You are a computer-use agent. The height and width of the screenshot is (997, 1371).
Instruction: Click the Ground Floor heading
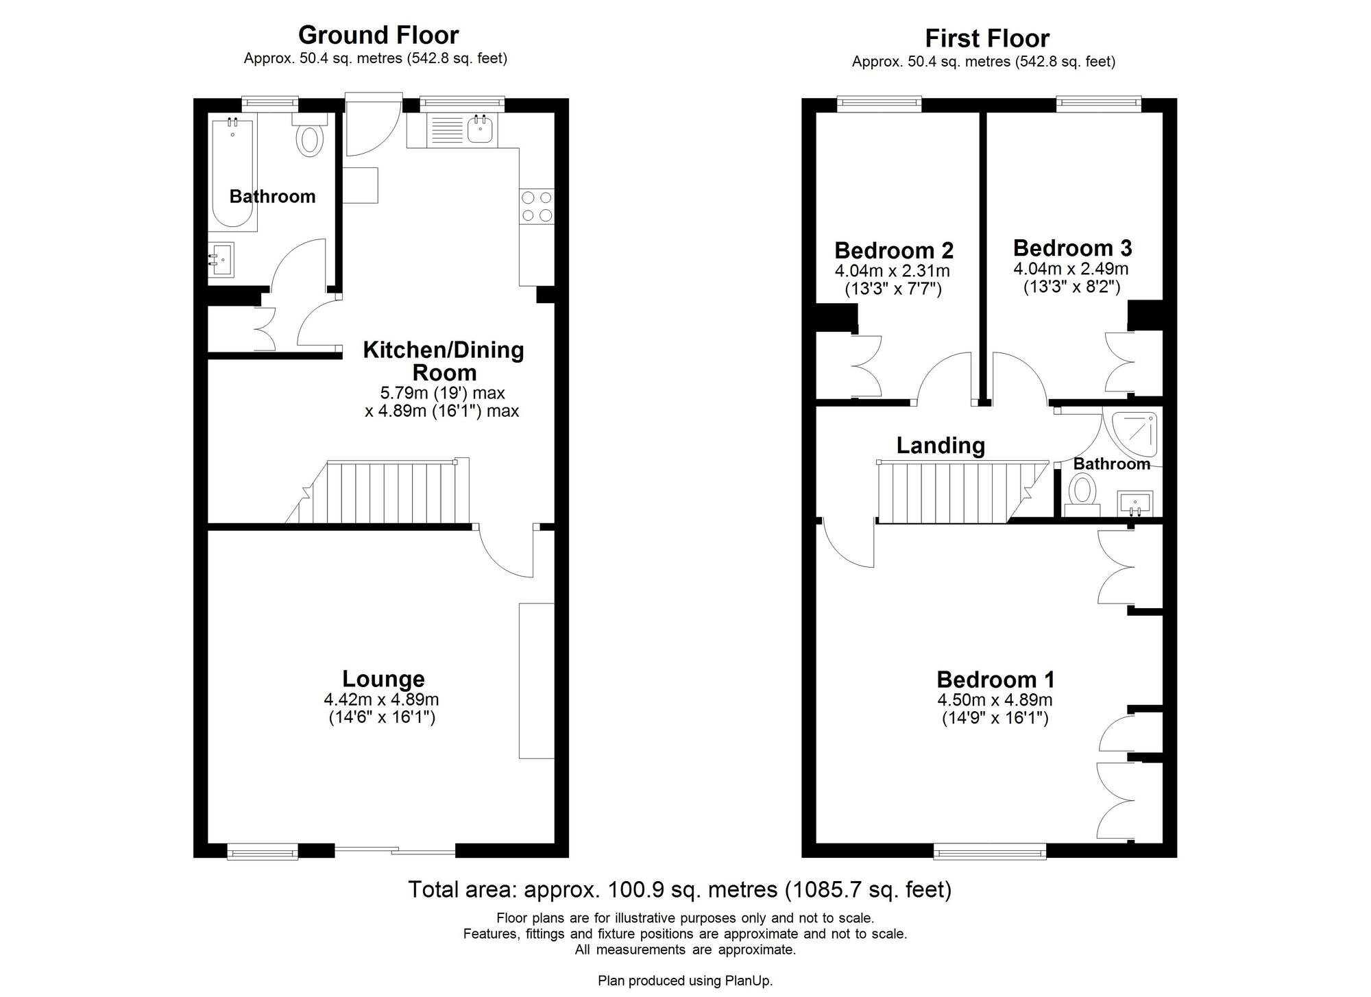378,35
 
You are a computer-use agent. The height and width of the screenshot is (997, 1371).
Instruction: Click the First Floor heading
986,38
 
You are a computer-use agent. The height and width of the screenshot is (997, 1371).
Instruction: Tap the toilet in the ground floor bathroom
310,140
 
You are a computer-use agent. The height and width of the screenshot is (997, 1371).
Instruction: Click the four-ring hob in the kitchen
537,206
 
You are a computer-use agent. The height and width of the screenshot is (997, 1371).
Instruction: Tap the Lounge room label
383,679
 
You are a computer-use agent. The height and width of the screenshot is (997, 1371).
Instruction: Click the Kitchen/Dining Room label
443,361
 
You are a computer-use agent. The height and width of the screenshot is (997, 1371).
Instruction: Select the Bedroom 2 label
894,250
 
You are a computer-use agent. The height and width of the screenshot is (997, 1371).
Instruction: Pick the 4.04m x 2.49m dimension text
1071,269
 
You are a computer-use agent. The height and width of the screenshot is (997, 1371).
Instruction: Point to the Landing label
941,446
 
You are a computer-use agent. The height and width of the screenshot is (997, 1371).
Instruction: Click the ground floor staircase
384,492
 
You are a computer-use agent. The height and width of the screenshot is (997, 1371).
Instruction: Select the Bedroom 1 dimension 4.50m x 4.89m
995,700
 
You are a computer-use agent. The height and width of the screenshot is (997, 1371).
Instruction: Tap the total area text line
679,889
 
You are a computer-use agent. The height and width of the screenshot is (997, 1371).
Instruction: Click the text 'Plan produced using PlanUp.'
685,981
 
